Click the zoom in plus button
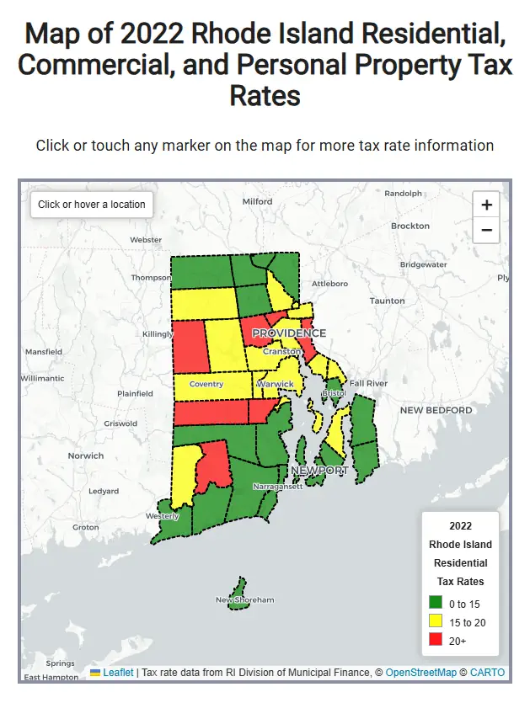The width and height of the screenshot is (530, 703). click(x=486, y=205)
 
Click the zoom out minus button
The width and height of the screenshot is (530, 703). click(x=486, y=229)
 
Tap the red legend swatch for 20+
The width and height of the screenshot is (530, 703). click(x=436, y=641)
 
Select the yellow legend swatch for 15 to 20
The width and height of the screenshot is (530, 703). click(x=436, y=621)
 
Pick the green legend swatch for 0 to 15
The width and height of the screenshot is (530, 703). click(x=436, y=603)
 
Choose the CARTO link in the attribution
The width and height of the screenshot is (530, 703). click(x=487, y=673)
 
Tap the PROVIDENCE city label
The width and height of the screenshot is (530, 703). click(x=289, y=333)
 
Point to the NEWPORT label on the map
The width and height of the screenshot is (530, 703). click(x=319, y=470)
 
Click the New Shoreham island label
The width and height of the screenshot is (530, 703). click(x=245, y=599)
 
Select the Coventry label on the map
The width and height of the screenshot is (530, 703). click(x=206, y=384)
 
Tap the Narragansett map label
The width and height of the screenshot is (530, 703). click(x=277, y=486)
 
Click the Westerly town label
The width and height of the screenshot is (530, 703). click(x=162, y=515)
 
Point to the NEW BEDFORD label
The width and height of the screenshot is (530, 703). click(x=436, y=410)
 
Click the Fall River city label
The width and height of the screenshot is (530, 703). click(x=368, y=383)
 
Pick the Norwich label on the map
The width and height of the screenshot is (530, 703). click(x=86, y=455)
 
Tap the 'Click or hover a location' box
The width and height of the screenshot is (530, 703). click(x=92, y=204)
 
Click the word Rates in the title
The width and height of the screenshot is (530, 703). click(x=265, y=94)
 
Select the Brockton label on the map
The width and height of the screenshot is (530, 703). click(x=410, y=226)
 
